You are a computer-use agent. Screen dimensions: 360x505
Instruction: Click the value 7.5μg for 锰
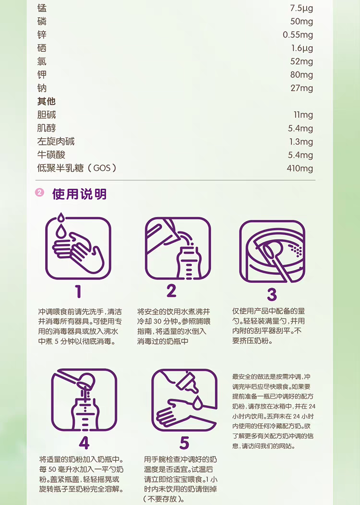[x=301, y=8]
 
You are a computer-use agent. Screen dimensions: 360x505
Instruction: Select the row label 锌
[x=42, y=35]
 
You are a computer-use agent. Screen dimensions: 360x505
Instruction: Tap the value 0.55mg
[x=298, y=35]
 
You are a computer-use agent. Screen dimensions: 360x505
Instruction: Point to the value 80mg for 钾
[x=302, y=75]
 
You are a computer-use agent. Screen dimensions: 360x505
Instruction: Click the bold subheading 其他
[x=47, y=101]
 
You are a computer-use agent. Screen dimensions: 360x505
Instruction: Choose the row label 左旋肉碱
[x=56, y=142]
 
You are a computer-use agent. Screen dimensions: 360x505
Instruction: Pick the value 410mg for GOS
[x=300, y=168]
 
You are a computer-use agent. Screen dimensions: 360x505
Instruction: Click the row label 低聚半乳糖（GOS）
[x=77, y=168]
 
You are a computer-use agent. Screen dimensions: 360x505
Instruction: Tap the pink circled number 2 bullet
[x=40, y=192]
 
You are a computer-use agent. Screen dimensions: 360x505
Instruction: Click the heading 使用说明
[x=79, y=194]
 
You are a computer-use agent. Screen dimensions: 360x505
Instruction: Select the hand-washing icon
[x=78, y=247]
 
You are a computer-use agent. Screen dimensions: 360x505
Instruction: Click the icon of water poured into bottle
[x=178, y=248]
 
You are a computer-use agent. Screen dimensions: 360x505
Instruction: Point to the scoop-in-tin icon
[x=272, y=252]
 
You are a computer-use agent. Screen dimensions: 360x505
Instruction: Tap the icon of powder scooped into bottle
[x=84, y=400]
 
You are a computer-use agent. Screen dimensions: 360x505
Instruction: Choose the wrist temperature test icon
[x=184, y=400]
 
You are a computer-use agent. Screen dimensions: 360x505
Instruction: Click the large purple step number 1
[x=78, y=292]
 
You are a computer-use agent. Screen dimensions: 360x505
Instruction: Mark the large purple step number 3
[x=272, y=294]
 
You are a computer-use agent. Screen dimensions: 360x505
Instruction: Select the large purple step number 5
[x=184, y=443]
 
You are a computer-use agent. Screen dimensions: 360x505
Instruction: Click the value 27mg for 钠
[x=302, y=88]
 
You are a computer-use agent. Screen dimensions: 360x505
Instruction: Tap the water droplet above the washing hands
[x=61, y=218]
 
